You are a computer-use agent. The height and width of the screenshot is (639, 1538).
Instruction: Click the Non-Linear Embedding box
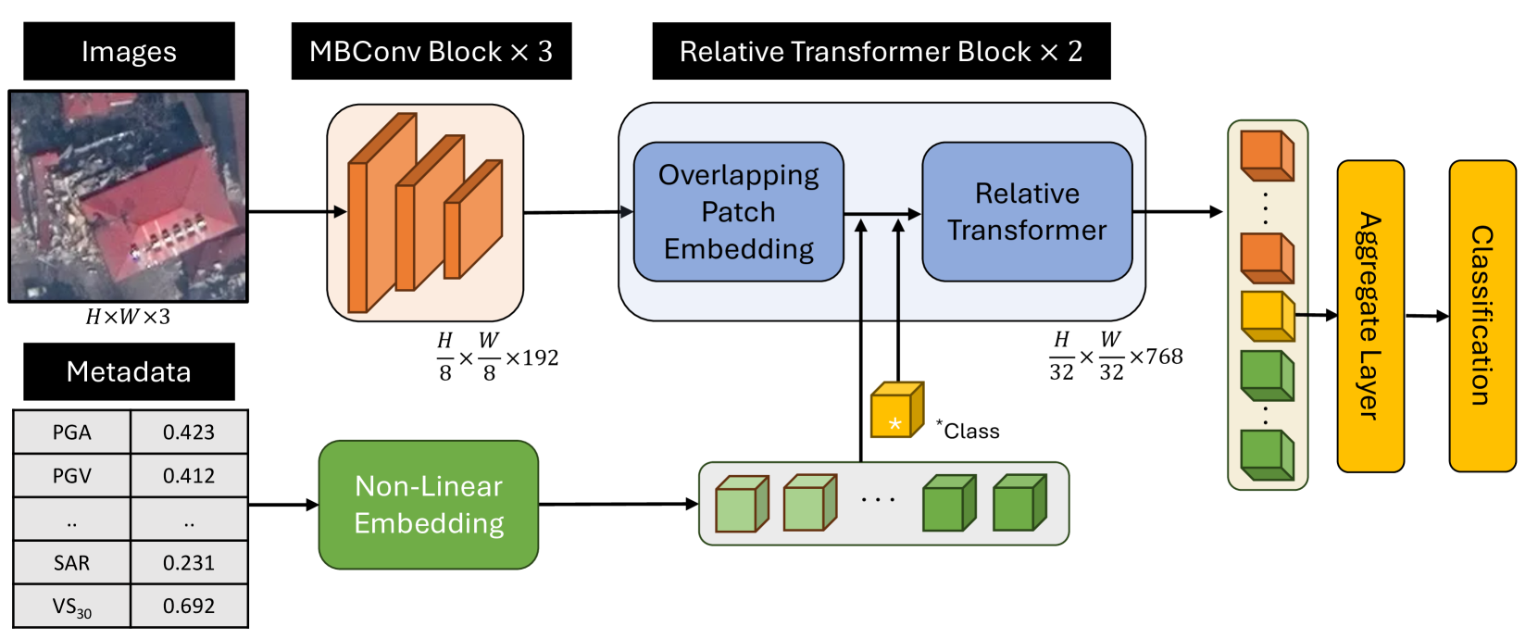[x=428, y=505]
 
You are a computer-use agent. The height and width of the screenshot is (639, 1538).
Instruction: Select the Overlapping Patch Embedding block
[x=738, y=212]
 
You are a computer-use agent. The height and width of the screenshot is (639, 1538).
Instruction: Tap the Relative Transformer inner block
[x=1027, y=212]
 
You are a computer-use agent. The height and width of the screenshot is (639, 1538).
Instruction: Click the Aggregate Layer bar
[x=1369, y=316]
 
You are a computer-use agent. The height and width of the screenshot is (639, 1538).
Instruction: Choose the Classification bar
[x=1482, y=316]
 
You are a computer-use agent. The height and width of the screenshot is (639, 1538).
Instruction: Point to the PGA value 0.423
[x=189, y=432]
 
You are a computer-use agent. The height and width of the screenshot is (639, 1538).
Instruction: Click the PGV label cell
[x=71, y=476]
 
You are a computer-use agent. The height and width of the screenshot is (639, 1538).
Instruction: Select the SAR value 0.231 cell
[x=189, y=563]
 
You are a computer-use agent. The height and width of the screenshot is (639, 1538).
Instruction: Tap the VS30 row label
[x=71, y=607]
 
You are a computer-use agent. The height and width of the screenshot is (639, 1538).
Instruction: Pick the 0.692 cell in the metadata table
[x=189, y=607]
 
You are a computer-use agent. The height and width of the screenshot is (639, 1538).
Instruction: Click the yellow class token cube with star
[x=895, y=410]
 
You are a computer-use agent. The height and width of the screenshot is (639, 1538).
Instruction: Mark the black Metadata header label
[x=129, y=372]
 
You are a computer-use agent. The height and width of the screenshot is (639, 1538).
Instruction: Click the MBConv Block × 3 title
[x=431, y=52]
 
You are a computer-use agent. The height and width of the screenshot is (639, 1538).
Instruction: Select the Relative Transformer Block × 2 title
[x=881, y=52]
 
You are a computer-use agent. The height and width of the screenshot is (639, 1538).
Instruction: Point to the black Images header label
[x=129, y=52]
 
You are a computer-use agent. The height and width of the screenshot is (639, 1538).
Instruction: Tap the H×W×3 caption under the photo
[x=128, y=317]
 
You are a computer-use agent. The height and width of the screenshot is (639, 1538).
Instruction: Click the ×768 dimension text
[x=1157, y=357]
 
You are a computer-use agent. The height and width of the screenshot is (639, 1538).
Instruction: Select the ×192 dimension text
[x=532, y=358]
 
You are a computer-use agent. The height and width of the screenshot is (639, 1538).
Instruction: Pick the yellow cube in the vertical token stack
[x=1266, y=316]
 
